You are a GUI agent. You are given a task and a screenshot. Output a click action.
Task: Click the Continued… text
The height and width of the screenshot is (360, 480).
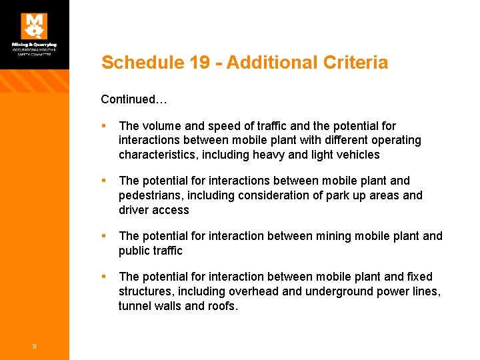pyautogui.click(x=133, y=99)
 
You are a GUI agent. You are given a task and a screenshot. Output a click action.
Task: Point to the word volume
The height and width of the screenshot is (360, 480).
pyautogui.click(x=159, y=126)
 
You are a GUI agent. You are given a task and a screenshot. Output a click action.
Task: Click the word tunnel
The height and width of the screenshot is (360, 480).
pyautogui.click(x=134, y=306)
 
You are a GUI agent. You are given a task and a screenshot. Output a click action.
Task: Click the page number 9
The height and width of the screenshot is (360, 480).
pyautogui.click(x=34, y=345)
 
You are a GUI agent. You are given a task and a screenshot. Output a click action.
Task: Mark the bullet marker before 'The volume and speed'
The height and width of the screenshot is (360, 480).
pyautogui.click(x=105, y=126)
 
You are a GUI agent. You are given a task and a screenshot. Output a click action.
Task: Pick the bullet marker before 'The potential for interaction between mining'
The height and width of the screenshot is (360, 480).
pyautogui.click(x=105, y=236)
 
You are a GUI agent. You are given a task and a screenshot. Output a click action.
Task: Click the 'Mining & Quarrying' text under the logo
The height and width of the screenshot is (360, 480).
pyautogui.click(x=34, y=45)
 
